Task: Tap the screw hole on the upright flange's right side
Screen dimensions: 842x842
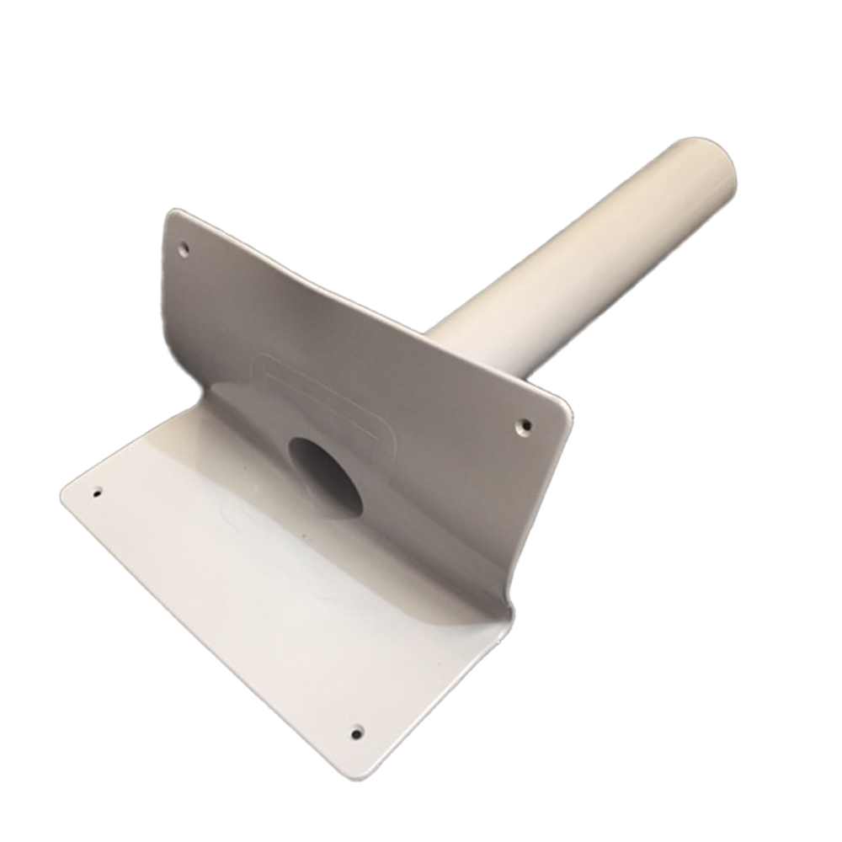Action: click(524, 426)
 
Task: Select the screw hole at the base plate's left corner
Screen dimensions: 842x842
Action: click(97, 493)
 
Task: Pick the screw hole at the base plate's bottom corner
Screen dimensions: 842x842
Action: click(357, 733)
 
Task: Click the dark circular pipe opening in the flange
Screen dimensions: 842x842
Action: click(326, 477)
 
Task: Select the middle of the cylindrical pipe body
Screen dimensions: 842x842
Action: click(581, 253)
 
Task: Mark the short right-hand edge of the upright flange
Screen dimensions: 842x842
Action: click(543, 505)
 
